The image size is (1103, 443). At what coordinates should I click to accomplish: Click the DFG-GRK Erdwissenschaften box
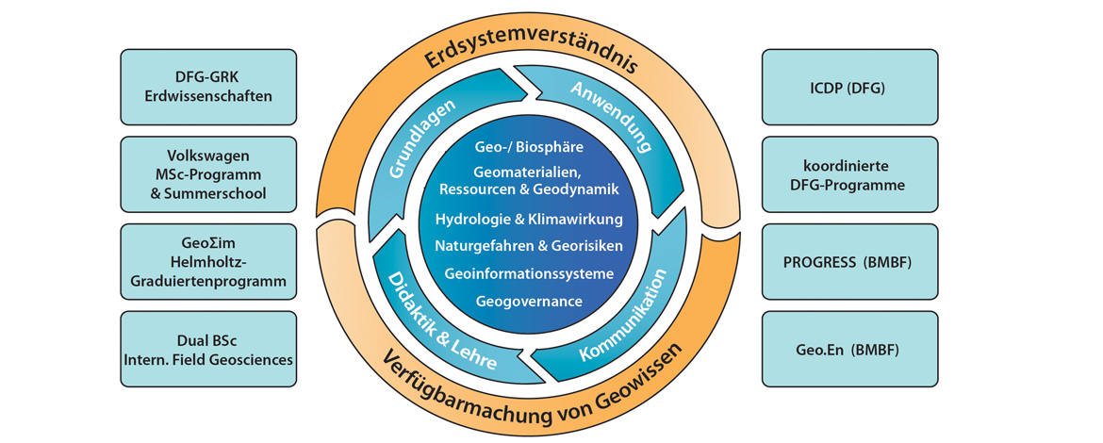point(208,88)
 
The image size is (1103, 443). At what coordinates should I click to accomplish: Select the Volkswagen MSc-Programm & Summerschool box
point(208,174)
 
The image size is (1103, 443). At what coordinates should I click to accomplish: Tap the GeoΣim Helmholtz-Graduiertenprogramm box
point(208,262)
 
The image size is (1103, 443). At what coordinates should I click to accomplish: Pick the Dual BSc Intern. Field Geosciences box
point(208,349)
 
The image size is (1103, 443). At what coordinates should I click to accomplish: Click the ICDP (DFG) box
point(848,88)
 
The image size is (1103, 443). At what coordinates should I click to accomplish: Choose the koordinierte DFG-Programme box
point(848,174)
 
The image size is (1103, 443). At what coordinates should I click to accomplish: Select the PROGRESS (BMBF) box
point(848,262)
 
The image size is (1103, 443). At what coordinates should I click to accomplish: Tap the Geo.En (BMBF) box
point(848,349)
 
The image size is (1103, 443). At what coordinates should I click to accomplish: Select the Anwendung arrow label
point(611,118)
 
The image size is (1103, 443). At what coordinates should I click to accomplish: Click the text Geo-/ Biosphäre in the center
point(529,147)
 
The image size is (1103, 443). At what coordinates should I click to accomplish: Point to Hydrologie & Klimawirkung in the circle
point(529,219)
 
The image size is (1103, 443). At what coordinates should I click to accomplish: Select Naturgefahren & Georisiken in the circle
point(529,246)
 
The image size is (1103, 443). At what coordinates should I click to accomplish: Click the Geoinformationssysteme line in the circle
point(529,273)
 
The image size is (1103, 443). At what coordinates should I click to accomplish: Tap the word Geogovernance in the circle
point(529,302)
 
